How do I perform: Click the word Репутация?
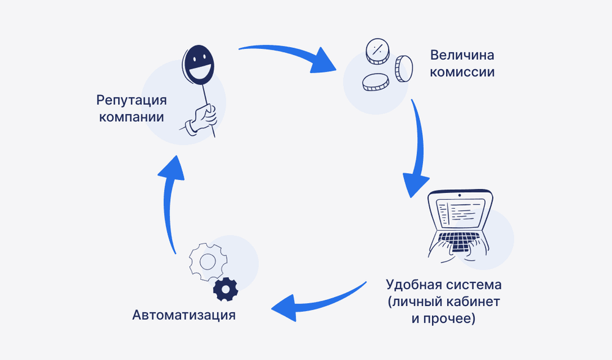131,100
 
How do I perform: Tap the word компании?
131,116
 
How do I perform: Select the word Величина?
462,55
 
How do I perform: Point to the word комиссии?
462,72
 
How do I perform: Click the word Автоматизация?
184,316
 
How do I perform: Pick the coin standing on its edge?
403,69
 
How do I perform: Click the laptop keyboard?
460,240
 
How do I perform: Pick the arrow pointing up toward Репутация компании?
172,202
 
